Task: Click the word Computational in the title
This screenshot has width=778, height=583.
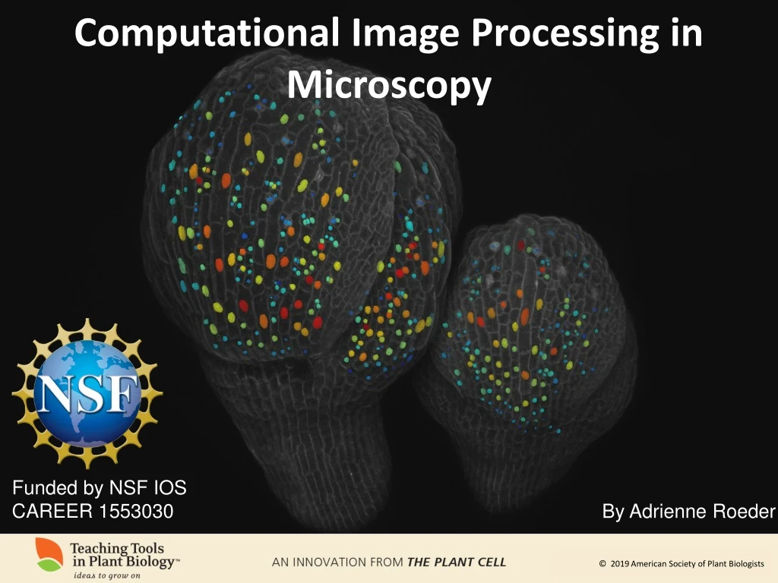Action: (x=207, y=34)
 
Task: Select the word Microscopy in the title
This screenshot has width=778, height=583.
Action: (x=389, y=85)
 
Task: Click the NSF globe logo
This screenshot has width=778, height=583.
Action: (x=87, y=392)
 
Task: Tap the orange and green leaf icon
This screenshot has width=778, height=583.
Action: (x=49, y=555)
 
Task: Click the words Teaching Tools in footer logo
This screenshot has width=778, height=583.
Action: (x=117, y=548)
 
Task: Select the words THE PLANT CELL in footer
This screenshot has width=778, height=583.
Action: (x=457, y=563)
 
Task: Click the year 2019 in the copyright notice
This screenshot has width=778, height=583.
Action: (x=621, y=563)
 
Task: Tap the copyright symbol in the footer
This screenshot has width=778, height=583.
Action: (x=602, y=563)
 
